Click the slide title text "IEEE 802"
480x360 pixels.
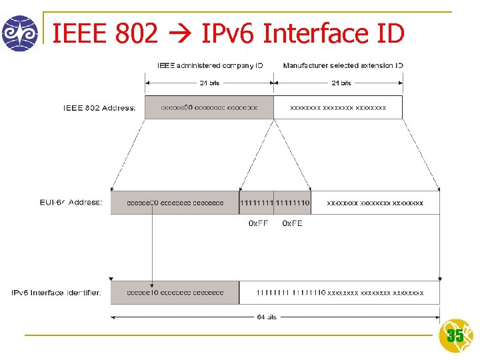[x=105, y=33]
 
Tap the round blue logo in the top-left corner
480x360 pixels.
[x=19, y=33]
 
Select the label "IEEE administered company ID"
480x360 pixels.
[x=210, y=65]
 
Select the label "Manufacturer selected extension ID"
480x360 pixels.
[x=343, y=65]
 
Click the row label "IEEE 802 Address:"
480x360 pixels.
[x=99, y=108]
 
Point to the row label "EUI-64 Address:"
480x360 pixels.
[x=71, y=202]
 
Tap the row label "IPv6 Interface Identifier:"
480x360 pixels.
[x=57, y=293]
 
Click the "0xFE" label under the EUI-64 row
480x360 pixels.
[x=292, y=223]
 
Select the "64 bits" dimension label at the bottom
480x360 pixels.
[x=267, y=317]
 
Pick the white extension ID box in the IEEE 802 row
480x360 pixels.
[x=338, y=107]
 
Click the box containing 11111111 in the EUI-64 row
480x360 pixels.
[x=256, y=203]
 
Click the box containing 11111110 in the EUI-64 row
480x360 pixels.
[x=292, y=203]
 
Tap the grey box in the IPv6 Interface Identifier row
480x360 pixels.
[x=175, y=293]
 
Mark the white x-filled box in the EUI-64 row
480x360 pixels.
[x=375, y=203]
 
